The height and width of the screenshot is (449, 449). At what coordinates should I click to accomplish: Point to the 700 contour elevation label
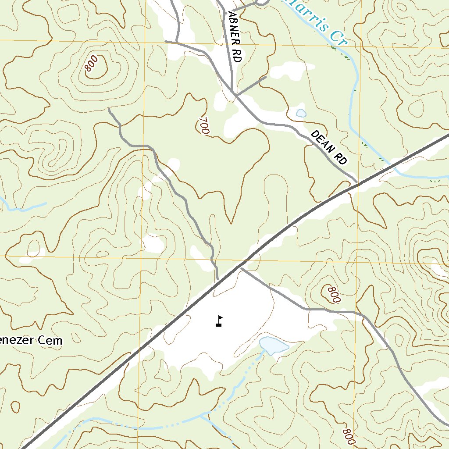[203, 125]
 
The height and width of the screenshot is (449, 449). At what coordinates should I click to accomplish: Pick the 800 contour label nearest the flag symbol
[334, 295]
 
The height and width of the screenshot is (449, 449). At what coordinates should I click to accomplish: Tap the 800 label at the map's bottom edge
[349, 436]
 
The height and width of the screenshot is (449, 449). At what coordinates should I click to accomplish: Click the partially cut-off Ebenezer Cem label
[31, 340]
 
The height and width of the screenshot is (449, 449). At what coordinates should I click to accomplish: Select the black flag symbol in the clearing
[219, 321]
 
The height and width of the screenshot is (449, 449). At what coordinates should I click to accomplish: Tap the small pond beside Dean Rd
[301, 113]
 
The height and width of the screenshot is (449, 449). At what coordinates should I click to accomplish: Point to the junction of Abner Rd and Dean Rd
[235, 93]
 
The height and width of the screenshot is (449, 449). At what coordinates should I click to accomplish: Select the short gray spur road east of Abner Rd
[251, 86]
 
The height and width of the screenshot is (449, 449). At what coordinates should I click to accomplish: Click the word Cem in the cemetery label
[52, 340]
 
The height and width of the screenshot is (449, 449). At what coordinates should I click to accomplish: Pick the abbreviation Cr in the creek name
[338, 39]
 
